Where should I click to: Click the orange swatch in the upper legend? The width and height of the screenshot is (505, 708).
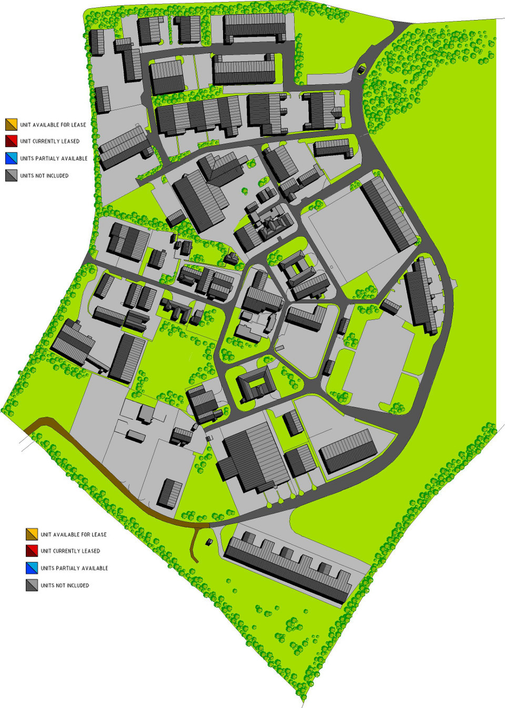11,125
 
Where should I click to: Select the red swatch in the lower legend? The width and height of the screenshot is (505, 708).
32,551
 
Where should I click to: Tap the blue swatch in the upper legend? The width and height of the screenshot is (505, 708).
11,158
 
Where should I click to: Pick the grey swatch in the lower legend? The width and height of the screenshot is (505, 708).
32,585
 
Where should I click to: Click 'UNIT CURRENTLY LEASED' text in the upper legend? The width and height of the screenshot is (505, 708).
50,141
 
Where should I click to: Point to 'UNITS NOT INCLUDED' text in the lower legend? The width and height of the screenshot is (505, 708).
65,585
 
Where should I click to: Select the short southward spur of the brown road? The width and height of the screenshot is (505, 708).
195,544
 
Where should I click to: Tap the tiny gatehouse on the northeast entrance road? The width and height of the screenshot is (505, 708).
361,69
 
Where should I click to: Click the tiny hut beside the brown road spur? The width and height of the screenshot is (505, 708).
209,541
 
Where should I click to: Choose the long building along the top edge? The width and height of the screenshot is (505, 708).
254,27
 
